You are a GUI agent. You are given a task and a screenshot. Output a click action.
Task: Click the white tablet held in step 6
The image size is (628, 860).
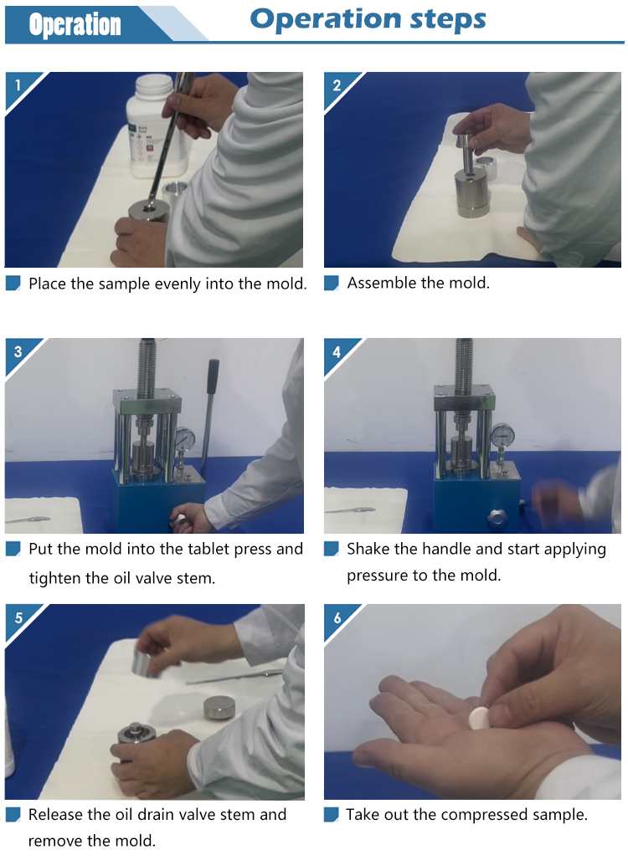[479, 718]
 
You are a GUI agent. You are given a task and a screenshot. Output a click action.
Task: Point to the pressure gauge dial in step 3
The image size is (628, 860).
[186, 438]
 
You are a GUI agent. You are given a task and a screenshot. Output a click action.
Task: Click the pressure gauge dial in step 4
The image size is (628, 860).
[502, 436]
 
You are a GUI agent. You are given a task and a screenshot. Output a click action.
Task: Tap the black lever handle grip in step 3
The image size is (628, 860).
[212, 376]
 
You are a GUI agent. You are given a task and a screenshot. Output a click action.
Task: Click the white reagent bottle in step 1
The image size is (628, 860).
[156, 126]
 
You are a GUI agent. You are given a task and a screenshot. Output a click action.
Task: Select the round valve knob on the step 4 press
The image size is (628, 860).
[497, 516]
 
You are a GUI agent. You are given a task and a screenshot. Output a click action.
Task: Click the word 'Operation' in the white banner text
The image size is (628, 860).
[75, 25]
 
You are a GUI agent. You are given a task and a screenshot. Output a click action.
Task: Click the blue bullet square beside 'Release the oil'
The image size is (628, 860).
[13, 815]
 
